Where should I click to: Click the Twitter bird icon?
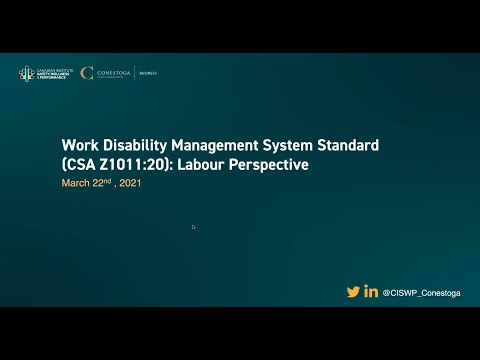353,292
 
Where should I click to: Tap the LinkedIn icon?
372,292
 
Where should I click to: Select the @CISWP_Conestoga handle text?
421,293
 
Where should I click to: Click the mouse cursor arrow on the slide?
193,227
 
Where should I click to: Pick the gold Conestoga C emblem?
87,73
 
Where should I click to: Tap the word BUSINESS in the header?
148,73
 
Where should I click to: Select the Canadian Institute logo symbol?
25,73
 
